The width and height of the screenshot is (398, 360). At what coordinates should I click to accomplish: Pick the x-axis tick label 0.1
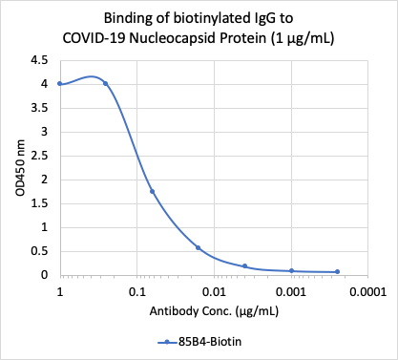point(137,290)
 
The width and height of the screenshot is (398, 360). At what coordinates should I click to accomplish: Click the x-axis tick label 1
point(60,290)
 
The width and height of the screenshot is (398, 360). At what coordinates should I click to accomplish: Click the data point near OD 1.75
point(152,191)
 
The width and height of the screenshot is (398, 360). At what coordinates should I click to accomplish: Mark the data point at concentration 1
point(60,84)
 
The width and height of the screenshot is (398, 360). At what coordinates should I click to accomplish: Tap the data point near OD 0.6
point(198,247)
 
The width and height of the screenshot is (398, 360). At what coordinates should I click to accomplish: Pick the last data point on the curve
point(337,271)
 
